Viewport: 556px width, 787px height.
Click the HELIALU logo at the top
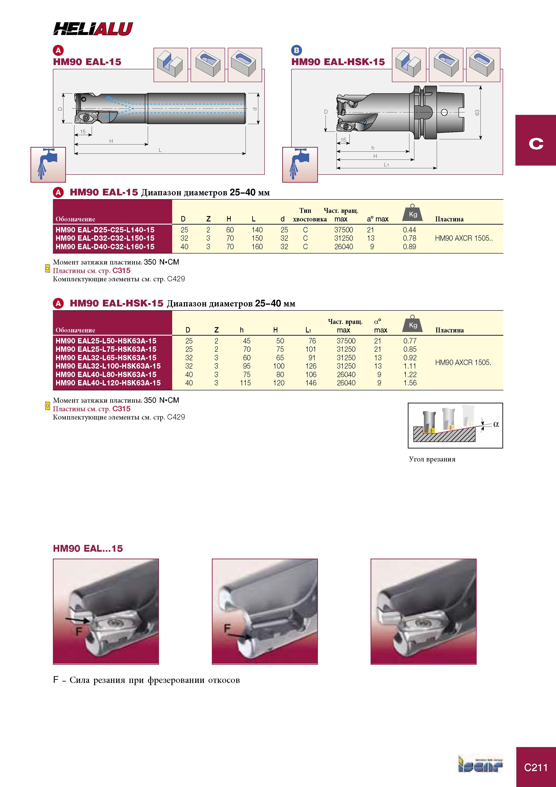pos(93,29)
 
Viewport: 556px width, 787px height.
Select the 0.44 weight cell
pos(409,230)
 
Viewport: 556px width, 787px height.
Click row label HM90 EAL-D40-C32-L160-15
pos(105,247)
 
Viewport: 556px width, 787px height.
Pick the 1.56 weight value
pos(410,383)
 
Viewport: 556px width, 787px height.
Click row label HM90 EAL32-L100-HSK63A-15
pos(108,366)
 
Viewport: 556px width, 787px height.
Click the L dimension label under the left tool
pos(160,150)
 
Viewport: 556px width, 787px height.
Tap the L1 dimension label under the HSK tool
pos(386,165)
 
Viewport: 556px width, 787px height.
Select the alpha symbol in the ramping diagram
pos(496,424)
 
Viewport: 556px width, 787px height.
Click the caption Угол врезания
pos(432,459)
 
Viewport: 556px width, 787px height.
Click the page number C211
pos(536,768)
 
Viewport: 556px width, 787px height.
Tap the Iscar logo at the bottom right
pos(481,765)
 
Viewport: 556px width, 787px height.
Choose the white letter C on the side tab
pos(536,143)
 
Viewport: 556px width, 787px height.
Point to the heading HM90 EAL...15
pos(88,549)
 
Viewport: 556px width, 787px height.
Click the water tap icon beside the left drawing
pos(48,164)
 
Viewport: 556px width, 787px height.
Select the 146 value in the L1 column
pos(311,383)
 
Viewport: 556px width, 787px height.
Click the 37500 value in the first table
pos(344,230)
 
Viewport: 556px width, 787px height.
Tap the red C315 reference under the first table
pos(121,270)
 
